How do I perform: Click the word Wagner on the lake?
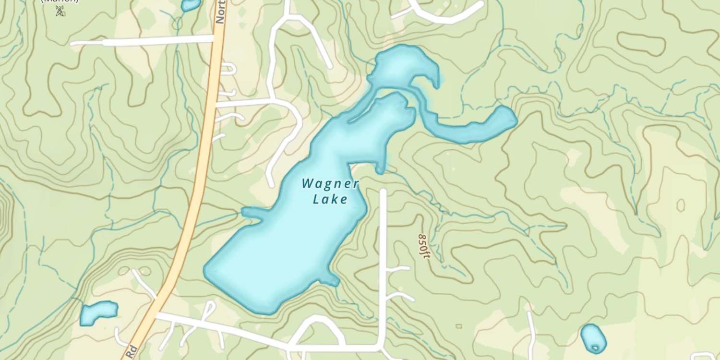coord(330,183)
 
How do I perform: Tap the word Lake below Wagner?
coord(330,199)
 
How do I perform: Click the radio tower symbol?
coord(60,11)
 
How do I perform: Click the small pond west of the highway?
coord(98,312)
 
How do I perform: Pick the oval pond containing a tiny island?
coord(593,338)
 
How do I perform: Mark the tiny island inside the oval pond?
coord(595,348)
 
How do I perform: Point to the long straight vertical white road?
coord(383,264)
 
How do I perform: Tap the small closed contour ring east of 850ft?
coord(680,205)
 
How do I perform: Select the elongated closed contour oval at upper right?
coord(641,43)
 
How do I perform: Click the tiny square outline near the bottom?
coord(458,326)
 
